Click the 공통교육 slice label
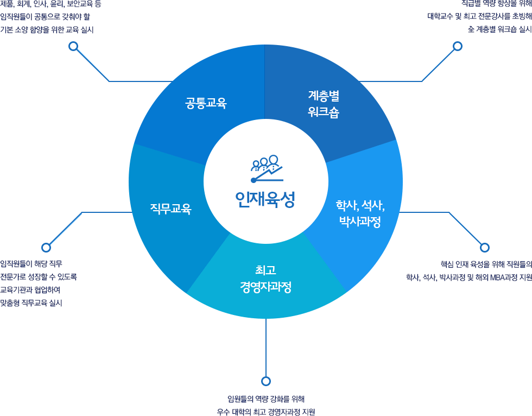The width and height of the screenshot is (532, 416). coord(206,103)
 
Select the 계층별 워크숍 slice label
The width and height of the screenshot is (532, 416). coord(324,104)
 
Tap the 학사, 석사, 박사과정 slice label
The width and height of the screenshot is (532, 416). coord(360,213)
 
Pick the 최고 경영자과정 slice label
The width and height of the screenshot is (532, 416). coord(265,279)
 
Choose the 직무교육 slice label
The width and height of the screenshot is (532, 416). coord(170,209)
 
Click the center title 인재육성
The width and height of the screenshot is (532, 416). coord(265,199)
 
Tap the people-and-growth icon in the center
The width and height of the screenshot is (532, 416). coord(267,168)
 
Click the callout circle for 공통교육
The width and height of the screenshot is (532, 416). coord(73,46)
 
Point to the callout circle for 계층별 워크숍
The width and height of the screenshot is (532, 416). coord(458,46)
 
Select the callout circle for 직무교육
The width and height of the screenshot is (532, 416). coord(46,247)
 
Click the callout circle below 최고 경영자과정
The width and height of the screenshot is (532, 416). coord(265,381)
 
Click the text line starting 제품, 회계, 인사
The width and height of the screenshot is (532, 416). coord(51,4)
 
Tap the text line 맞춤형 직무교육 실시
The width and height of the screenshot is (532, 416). coord(31,303)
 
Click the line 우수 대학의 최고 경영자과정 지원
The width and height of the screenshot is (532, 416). coord(266,412)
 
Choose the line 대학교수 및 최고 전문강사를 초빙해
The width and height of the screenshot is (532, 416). coord(479,16)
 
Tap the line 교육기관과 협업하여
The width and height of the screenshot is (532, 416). coord(30,290)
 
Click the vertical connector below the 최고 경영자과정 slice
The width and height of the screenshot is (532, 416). coord(265,348)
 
